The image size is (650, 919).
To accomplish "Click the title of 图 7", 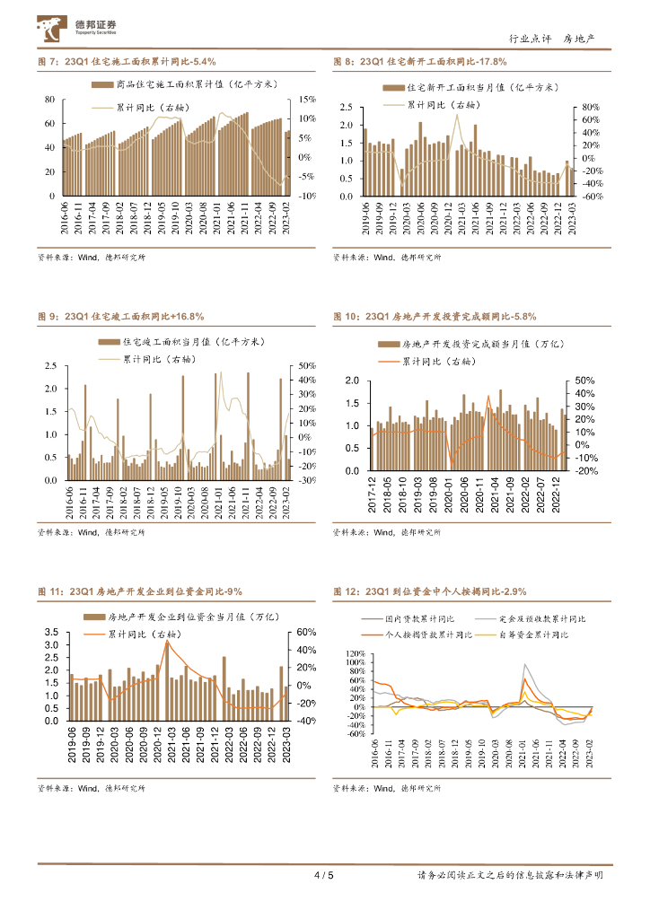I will tap(127, 61).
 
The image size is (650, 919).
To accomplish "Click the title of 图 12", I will tap(429, 592).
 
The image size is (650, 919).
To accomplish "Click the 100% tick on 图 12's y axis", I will tap(355, 653).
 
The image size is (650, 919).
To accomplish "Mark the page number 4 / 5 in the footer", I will tap(325, 876).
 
